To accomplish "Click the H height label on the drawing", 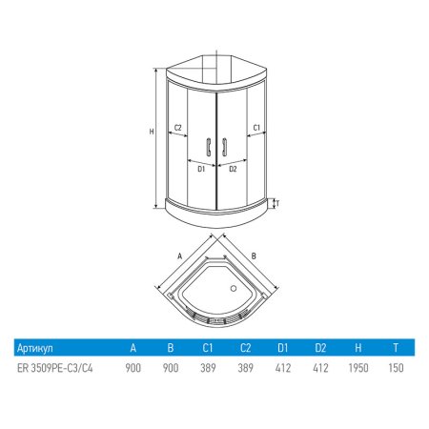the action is coord(152,132).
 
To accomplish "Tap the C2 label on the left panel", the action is coord(177,128).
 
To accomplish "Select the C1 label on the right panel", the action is coord(256,128).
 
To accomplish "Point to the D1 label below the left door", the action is coord(201,169).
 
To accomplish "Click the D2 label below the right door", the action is coord(233,169).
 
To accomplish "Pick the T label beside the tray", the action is coord(277,203).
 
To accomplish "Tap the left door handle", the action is coord(209,147).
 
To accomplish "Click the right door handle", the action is coord(224,147).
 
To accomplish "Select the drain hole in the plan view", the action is coord(234,289).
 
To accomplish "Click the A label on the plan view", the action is coord(180,256).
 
